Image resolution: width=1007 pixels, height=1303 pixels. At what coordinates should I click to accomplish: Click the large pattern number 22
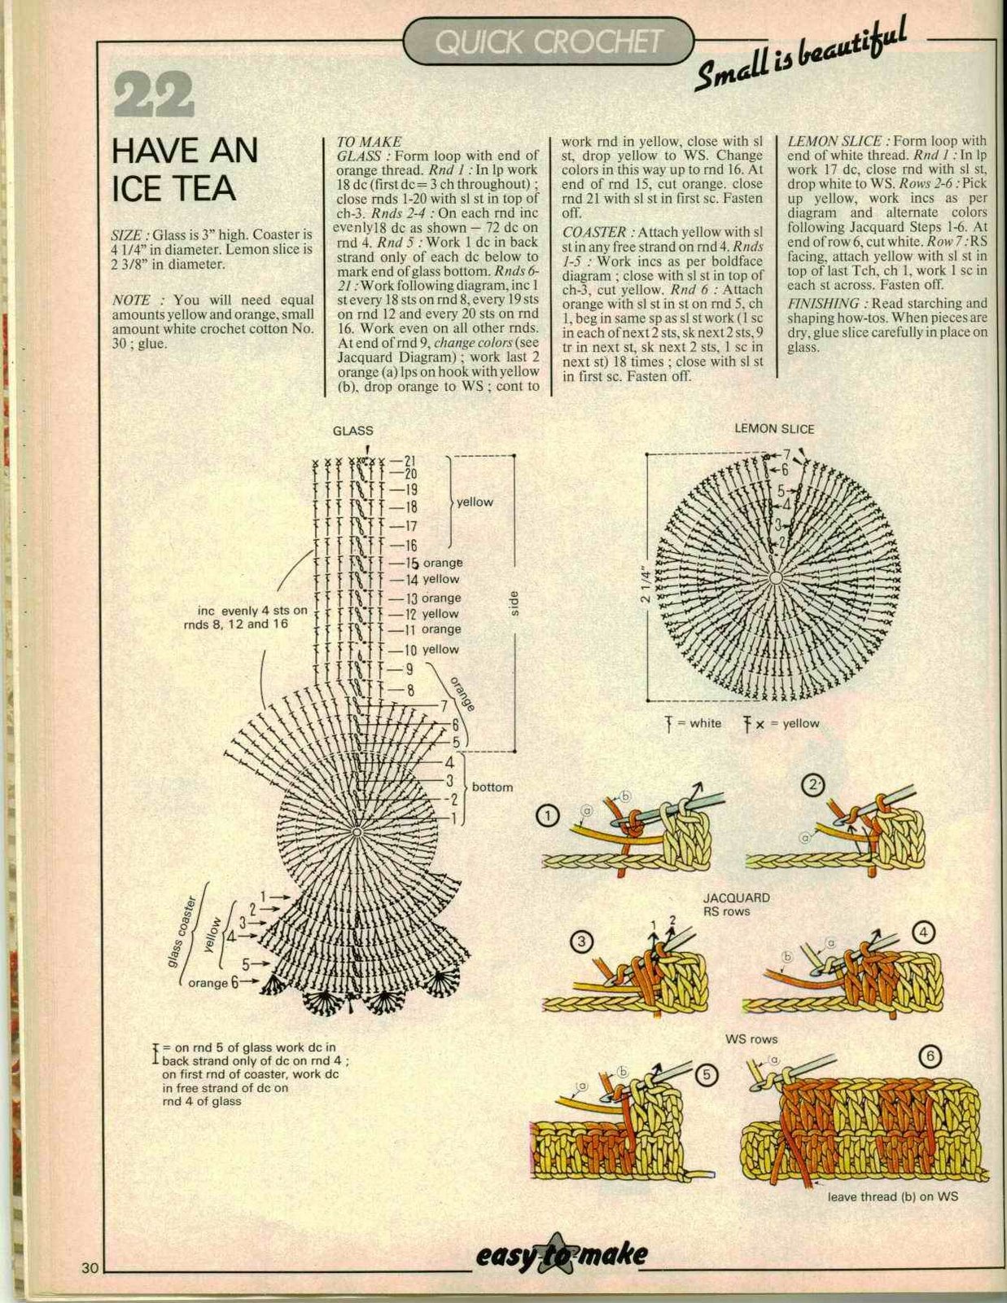(154, 95)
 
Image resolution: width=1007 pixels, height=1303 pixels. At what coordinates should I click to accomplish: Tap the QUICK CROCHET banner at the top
(548, 42)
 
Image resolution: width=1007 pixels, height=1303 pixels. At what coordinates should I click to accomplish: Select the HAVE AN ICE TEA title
(184, 169)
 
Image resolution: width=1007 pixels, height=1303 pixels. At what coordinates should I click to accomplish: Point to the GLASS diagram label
(352, 431)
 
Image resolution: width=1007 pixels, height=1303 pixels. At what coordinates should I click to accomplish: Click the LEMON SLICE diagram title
(774, 428)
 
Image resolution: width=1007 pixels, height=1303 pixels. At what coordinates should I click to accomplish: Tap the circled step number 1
(549, 814)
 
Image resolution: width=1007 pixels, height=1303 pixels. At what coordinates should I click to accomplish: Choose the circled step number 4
(923, 932)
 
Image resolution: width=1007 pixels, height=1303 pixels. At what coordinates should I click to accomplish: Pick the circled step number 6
(930, 1056)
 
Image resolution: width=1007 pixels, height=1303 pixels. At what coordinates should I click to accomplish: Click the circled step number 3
(581, 942)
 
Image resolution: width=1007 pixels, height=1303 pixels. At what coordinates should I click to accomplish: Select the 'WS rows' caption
(751, 1039)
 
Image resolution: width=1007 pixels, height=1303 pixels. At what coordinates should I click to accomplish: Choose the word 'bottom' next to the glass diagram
(492, 788)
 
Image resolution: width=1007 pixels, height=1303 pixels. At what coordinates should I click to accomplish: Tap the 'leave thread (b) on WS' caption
(892, 1196)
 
